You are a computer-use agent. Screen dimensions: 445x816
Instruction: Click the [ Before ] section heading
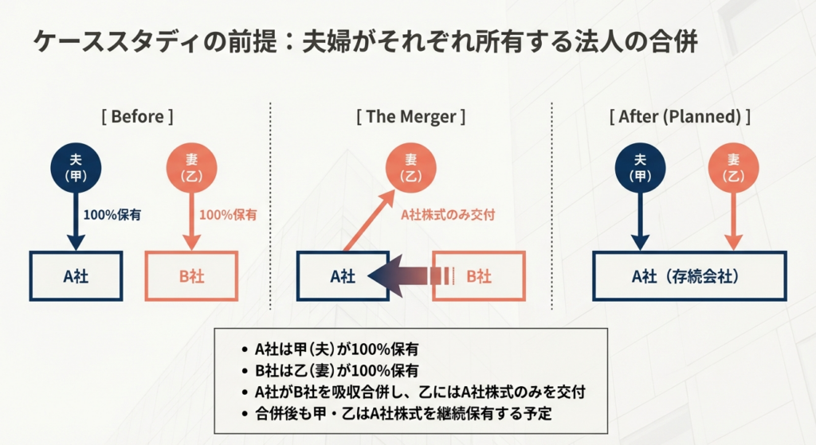click(x=137, y=116)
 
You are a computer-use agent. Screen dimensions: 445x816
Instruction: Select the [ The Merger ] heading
click(x=410, y=116)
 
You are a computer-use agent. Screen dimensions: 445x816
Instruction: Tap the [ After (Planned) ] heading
click(x=685, y=116)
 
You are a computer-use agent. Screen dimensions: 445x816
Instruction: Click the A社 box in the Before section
click(x=76, y=276)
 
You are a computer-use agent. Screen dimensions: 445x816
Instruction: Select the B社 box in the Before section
click(x=191, y=276)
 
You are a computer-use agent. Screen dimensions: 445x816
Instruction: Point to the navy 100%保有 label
click(x=112, y=214)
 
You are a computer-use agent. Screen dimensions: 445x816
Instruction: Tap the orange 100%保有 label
click(x=228, y=214)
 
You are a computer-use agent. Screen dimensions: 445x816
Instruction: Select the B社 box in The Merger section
click(x=479, y=276)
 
